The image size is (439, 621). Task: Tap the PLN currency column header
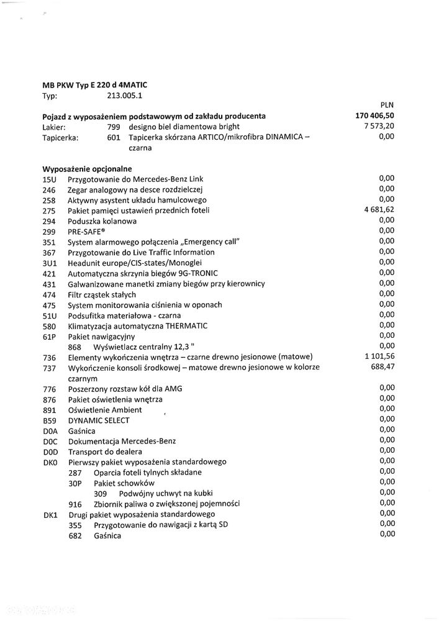tap(387, 106)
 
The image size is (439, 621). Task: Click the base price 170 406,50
tap(374, 116)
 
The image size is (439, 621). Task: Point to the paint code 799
tap(114, 127)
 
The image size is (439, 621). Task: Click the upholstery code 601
tap(114, 137)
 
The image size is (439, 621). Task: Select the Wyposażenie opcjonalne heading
tap(87, 168)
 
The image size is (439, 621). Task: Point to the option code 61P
tap(50, 337)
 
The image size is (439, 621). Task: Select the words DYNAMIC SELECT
tap(99, 420)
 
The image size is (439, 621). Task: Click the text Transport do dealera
tap(105, 451)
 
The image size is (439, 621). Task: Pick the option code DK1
tap(50, 514)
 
